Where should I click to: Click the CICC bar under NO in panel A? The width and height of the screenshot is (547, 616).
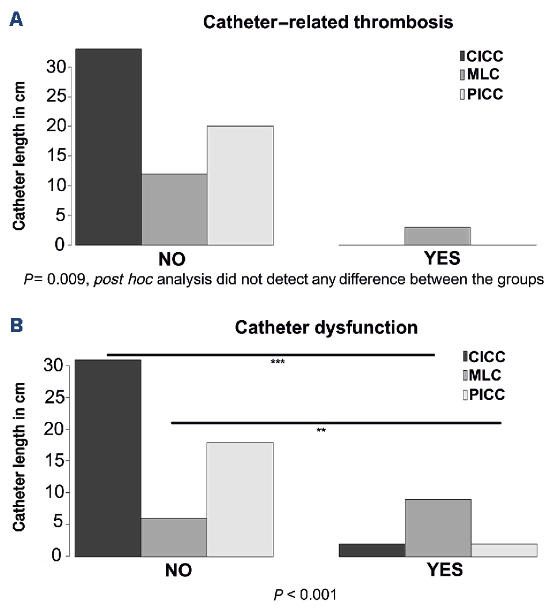click(108, 147)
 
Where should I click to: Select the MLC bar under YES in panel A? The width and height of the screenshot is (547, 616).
click(438, 236)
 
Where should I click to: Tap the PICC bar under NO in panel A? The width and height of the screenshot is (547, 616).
click(240, 185)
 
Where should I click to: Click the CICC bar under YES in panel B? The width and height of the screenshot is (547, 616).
click(372, 550)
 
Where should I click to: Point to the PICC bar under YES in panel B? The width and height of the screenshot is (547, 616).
click(504, 550)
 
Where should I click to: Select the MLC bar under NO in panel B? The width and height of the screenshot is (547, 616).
click(174, 537)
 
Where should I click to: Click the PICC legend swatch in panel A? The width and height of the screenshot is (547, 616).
click(462, 95)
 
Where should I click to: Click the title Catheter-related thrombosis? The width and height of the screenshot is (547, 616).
click(328, 23)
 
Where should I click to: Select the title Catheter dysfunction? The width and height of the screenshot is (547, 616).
click(326, 328)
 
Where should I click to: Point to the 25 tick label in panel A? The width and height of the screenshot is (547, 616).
click(54, 97)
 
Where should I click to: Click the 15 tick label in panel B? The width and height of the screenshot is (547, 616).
click(54, 461)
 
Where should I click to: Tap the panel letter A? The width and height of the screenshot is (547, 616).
click(17, 21)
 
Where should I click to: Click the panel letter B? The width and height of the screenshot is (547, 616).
click(17, 326)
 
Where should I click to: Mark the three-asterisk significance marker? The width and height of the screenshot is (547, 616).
click(278, 363)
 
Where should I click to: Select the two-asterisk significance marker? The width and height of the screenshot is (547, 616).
click(321, 431)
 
